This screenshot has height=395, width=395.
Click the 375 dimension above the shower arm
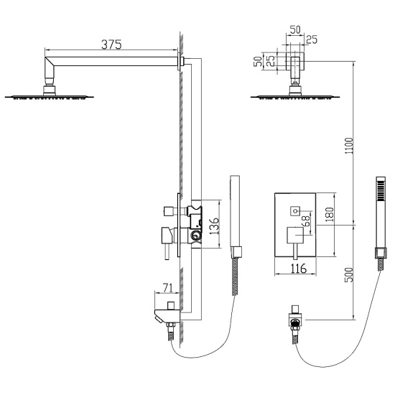[x=110, y=45]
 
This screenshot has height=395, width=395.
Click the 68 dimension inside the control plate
[x=307, y=222]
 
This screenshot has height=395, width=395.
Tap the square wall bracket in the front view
[x=294, y=60]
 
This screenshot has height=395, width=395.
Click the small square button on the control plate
[x=294, y=210]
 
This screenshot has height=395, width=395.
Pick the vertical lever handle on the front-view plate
[x=294, y=244]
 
